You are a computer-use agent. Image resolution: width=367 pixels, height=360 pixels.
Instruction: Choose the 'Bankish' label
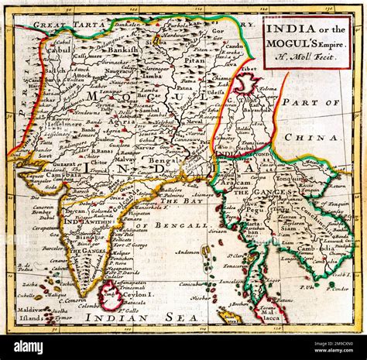[x=122, y=49]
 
